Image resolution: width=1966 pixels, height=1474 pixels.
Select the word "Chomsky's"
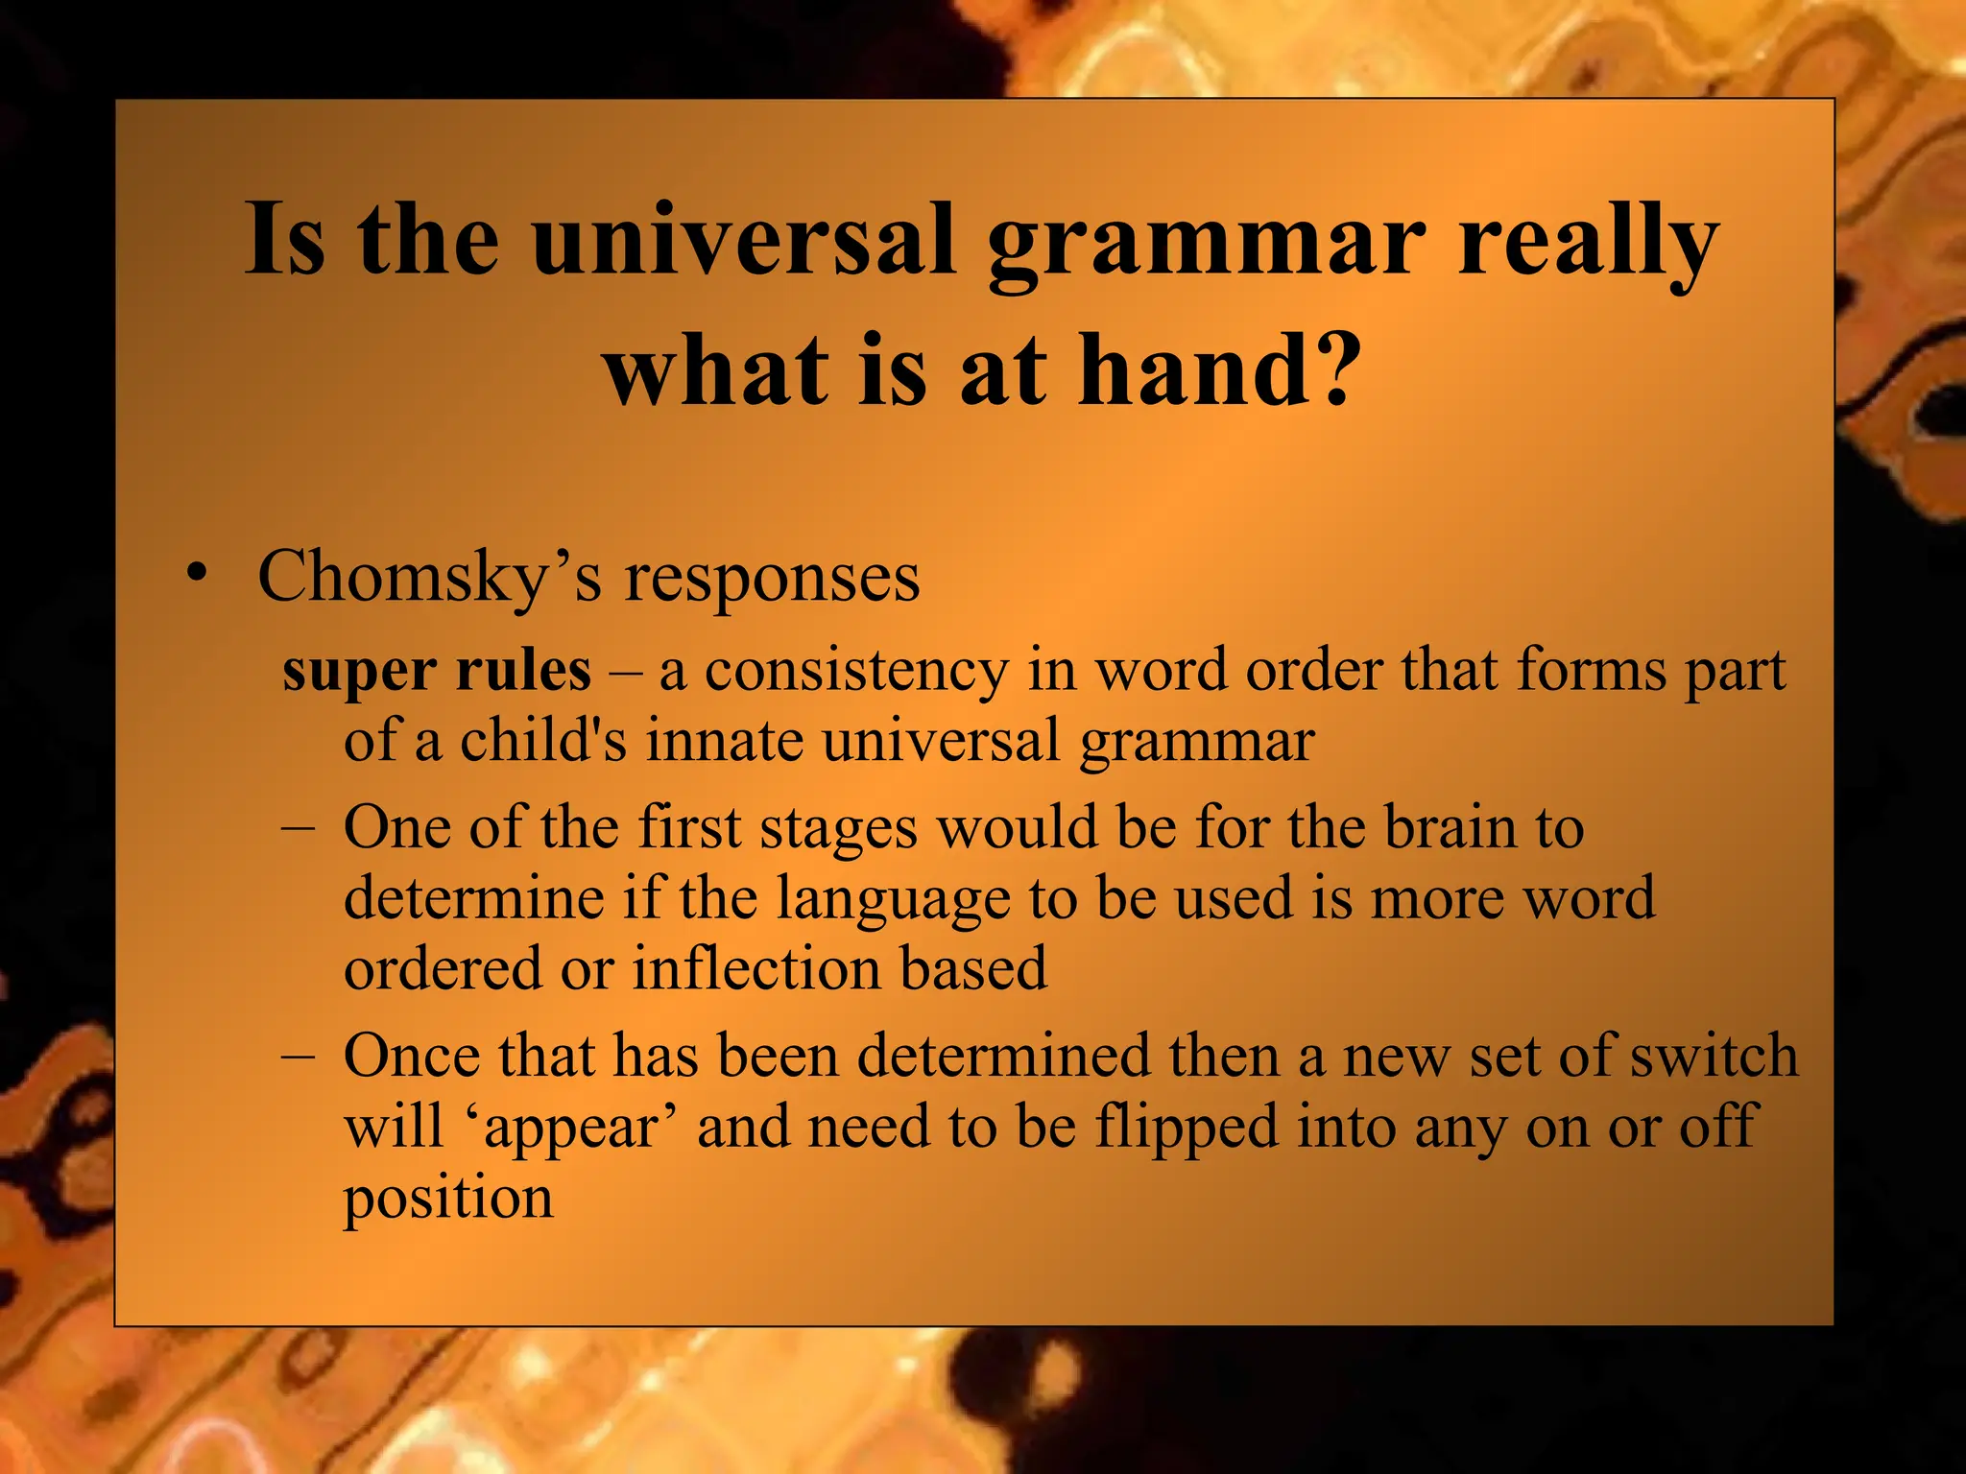tap(430, 578)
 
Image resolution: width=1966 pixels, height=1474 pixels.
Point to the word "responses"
tap(772, 578)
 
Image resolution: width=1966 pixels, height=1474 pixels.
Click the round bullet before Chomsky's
tap(197, 573)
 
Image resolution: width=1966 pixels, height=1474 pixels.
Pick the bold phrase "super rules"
tap(437, 670)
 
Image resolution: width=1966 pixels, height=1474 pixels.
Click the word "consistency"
tap(856, 670)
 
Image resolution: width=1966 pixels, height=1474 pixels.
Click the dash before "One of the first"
tap(297, 827)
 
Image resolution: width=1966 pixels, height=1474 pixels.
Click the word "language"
tap(892, 898)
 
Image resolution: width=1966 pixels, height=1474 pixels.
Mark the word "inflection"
tap(755, 967)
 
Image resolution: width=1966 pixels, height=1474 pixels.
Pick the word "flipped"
tap(1187, 1127)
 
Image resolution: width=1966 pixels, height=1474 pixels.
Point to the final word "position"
tap(448, 1198)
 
